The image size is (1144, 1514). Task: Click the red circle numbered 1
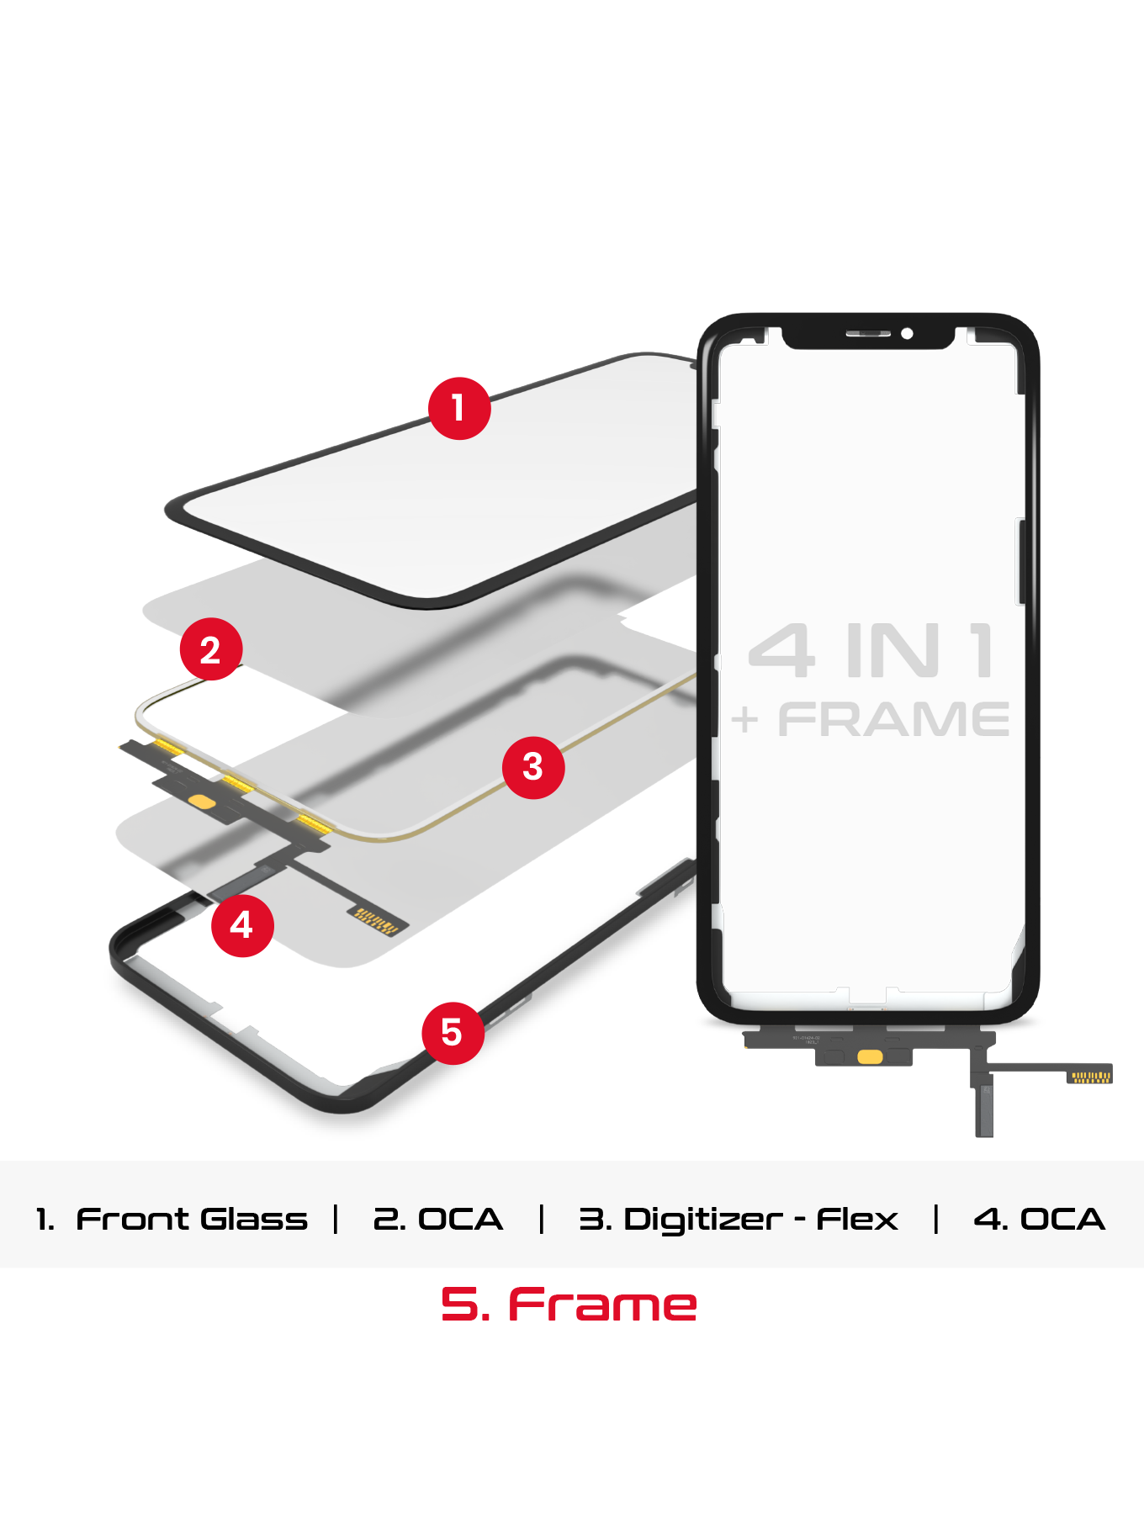(x=459, y=408)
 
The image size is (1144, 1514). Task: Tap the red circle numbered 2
(x=211, y=649)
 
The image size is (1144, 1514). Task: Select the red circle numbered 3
(x=533, y=767)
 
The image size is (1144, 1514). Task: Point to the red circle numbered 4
(x=242, y=925)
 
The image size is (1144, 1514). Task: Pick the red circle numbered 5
(x=453, y=1033)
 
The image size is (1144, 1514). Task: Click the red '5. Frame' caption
(x=569, y=1305)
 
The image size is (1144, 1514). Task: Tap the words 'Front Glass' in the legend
(x=192, y=1219)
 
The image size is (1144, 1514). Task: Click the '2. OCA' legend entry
(x=437, y=1219)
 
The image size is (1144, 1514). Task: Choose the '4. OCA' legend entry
(x=1039, y=1219)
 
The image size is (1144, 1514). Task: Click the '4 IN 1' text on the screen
(x=871, y=651)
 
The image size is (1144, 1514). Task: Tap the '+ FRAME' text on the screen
(x=870, y=720)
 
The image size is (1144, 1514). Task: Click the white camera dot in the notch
(x=907, y=334)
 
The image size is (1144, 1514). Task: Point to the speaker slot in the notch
(x=867, y=334)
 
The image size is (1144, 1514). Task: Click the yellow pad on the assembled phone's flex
(x=870, y=1057)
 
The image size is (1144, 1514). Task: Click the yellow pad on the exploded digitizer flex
(x=202, y=801)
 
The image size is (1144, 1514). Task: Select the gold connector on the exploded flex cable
(x=375, y=922)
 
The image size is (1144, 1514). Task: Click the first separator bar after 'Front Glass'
(x=336, y=1219)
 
